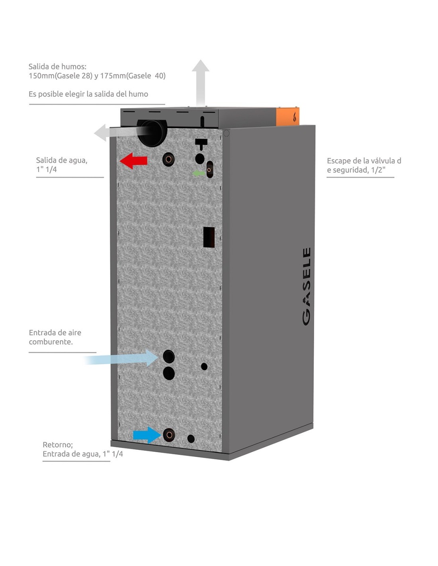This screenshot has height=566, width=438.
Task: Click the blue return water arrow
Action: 146,435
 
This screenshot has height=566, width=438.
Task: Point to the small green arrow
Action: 198,173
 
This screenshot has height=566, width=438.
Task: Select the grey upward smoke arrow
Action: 201,82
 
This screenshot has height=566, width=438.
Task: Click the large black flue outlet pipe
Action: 152,133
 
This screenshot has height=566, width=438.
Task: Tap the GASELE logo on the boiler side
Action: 306,286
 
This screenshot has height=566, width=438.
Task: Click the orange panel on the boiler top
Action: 288,117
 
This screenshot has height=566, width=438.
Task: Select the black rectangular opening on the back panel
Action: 209,237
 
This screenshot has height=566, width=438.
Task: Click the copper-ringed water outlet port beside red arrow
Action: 168,160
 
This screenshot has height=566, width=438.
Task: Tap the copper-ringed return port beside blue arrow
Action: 169,435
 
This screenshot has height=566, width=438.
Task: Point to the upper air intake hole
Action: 169,356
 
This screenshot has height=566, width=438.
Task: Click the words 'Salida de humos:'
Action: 57,66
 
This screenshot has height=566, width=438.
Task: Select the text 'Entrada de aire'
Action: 55,333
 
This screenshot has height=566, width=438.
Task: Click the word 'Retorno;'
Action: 58,445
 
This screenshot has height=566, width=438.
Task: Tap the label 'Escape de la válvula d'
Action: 364,161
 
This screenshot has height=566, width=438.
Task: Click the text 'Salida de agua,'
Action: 62,160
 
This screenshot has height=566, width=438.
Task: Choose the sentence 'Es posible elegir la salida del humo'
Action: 88,94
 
